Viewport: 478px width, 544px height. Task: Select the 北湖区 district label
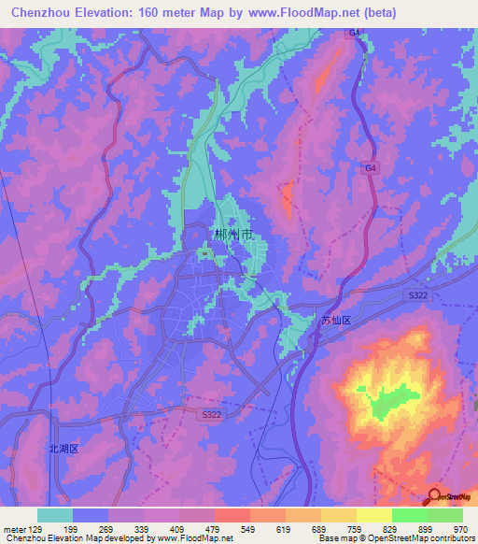coord(64,449)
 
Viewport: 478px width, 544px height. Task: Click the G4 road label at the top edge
coord(355,33)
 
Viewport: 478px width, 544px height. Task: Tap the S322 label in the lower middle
coord(213,411)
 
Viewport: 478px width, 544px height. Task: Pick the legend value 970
coord(459,529)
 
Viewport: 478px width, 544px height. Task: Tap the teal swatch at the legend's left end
coord(55,515)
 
